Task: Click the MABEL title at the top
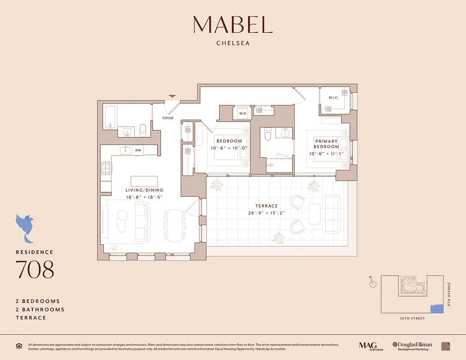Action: click(233, 25)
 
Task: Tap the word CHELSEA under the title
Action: click(233, 44)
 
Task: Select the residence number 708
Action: click(35, 269)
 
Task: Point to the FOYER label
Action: click(168, 118)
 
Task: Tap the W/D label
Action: click(242, 113)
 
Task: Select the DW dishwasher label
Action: click(138, 150)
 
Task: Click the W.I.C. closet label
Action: click(334, 97)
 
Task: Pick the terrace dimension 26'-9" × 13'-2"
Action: click(267, 213)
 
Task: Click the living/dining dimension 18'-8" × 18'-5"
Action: click(144, 198)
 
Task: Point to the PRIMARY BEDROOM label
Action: click(326, 144)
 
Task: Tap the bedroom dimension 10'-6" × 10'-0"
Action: click(229, 148)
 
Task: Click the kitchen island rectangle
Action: click(144, 181)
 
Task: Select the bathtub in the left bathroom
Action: click(111, 117)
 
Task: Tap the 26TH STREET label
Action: click(412, 319)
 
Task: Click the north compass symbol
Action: click(373, 283)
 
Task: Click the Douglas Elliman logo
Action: click(412, 346)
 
